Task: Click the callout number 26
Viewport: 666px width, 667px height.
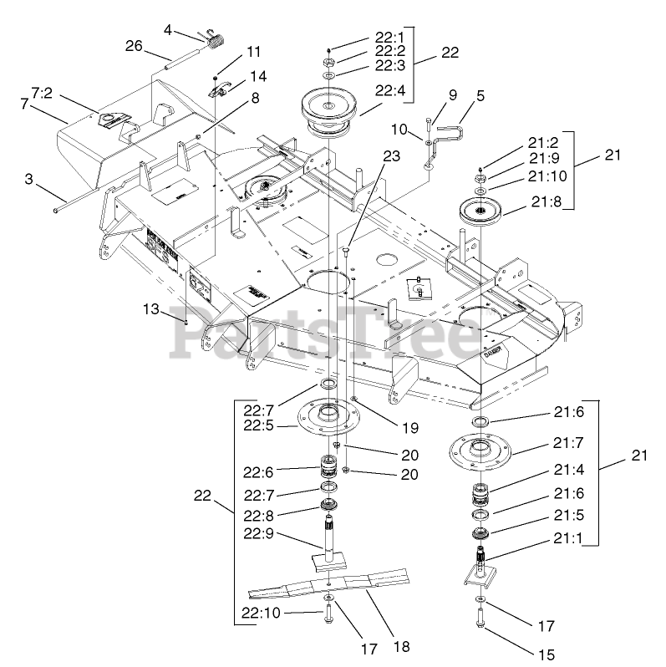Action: [x=134, y=48]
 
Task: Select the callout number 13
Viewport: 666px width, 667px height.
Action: [x=150, y=309]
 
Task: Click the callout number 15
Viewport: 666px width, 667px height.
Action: [x=547, y=654]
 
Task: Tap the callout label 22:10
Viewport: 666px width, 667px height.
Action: [x=261, y=614]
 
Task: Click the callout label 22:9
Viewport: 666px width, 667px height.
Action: [x=261, y=534]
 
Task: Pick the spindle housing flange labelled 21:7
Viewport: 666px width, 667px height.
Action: [x=481, y=450]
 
